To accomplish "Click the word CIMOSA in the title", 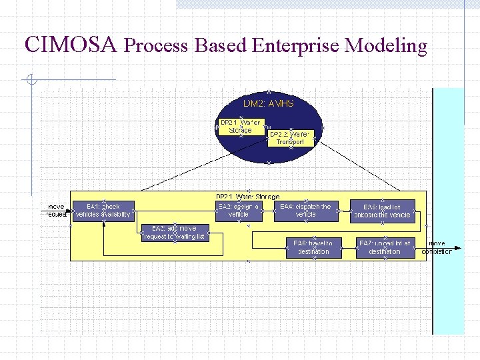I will [x=71, y=45].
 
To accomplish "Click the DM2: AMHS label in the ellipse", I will [x=268, y=104].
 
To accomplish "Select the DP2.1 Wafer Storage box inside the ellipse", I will [x=241, y=126].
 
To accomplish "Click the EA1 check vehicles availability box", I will [x=103, y=211].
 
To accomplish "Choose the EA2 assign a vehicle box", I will [x=238, y=211].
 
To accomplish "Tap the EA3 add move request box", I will [x=174, y=233].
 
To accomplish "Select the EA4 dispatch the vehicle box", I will [x=305, y=211].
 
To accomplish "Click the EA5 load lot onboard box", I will [x=382, y=211].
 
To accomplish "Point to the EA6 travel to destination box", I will [x=313, y=247].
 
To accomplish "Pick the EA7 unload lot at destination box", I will [x=384, y=247].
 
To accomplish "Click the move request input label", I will [x=57, y=211].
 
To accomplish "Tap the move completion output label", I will [x=437, y=247].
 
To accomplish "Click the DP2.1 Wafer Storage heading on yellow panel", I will [x=247, y=197].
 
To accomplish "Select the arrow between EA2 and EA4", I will [x=265, y=211].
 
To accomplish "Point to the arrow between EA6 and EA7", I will [x=349, y=247].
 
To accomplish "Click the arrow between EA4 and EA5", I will [x=343, y=211].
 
